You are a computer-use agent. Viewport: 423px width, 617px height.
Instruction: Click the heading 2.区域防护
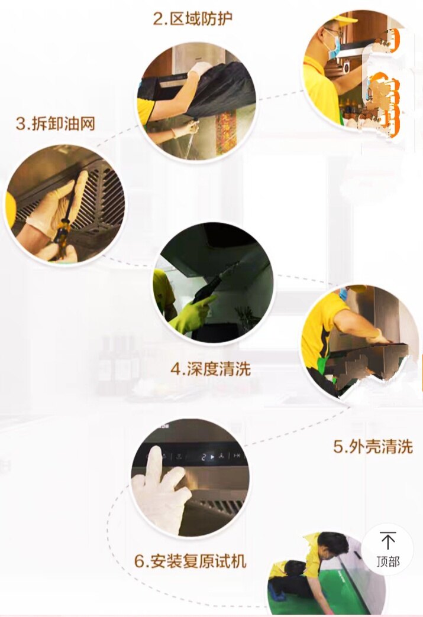point(193,18)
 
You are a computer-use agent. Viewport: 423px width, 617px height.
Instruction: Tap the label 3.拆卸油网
point(56,123)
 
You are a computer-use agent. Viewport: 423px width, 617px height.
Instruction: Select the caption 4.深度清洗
point(211,369)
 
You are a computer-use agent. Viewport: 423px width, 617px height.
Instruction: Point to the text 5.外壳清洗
point(373,447)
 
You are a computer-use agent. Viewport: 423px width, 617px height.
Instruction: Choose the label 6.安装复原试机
point(190,560)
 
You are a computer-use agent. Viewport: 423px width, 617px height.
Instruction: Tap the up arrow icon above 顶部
point(388,541)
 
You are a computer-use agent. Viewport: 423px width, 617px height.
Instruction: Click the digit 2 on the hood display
point(204,457)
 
